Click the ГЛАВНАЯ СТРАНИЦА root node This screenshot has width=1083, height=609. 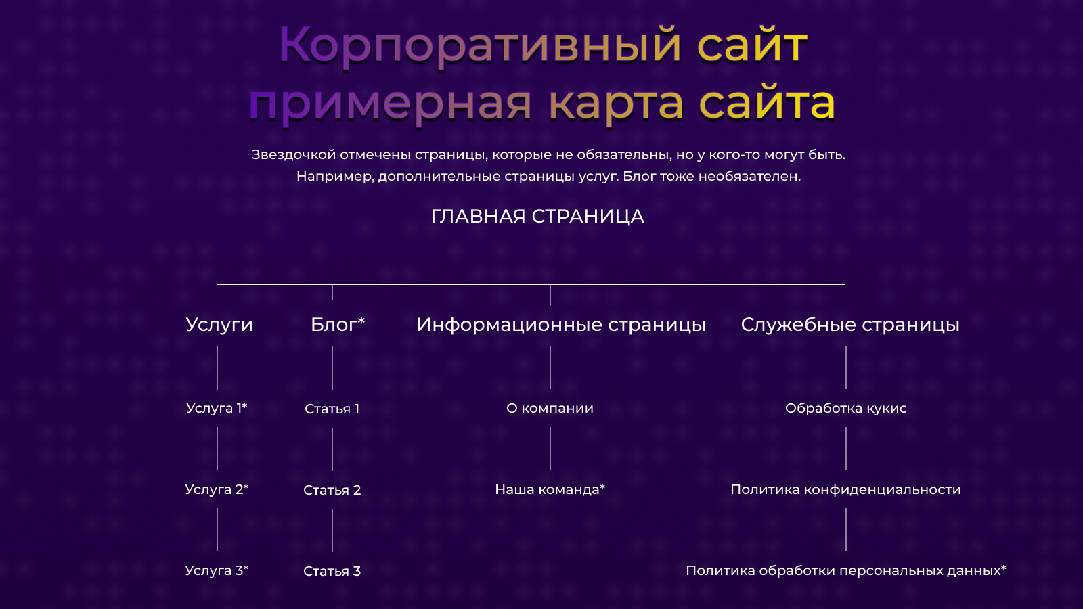537,217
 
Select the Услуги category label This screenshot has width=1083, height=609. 219,325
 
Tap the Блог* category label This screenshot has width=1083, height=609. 338,324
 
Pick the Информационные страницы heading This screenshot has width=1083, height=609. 561,325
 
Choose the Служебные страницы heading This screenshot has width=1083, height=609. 850,325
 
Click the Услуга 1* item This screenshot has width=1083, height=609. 217,409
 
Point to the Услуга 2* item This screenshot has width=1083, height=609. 217,490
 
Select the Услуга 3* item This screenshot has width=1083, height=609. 217,571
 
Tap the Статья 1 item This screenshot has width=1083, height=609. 332,409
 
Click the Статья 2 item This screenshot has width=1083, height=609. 332,490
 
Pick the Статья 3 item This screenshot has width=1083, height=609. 332,571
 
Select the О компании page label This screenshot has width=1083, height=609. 550,409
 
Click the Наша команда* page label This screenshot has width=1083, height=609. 550,490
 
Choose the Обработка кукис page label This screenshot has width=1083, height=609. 845,409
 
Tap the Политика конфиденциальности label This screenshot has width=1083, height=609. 845,490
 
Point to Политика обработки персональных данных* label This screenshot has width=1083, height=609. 845,571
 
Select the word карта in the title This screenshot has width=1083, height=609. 616,103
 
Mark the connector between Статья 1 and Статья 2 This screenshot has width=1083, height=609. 332,449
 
